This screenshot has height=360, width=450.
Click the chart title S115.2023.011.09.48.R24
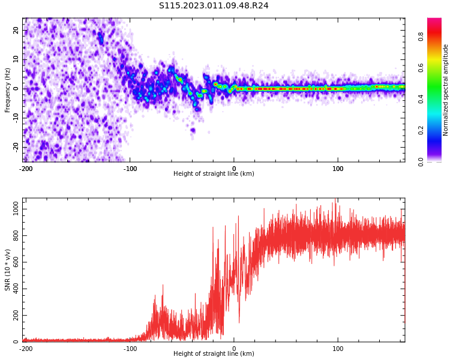pos(214,5)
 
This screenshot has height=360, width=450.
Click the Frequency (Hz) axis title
pos(8,90)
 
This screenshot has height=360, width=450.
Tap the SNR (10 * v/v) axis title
pos(8,270)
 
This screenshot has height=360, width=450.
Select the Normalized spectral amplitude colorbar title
pos(446,90)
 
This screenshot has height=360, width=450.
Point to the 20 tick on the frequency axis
pos(16,30)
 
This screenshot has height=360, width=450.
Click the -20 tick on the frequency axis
pos(16,147)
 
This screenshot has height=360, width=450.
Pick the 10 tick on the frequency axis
pos(16,59)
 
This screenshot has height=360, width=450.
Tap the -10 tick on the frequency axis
pos(16,118)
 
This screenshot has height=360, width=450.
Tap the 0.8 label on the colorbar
pos(421,37)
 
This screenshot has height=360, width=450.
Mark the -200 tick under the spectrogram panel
pos(26,169)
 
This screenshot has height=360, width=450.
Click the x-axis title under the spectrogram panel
pos(214,174)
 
